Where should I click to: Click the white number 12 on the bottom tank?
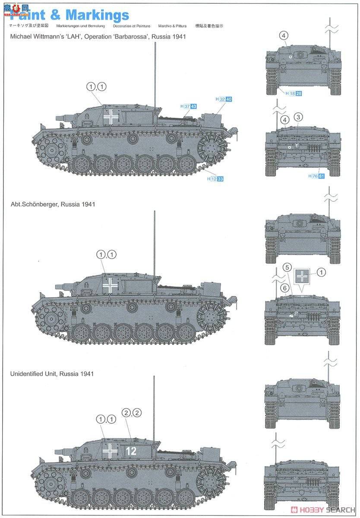(131, 451)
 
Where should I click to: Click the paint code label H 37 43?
(188, 106)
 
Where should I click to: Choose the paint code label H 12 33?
(215, 179)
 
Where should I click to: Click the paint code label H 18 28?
(292, 93)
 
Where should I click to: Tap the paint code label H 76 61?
(316, 176)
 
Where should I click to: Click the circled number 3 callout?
(299, 117)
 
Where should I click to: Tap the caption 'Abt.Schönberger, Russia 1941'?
(52, 204)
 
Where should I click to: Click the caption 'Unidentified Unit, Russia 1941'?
(52, 373)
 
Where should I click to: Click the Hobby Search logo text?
(324, 510)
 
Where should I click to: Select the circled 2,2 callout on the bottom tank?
(131, 413)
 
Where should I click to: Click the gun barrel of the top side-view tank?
(63, 117)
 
